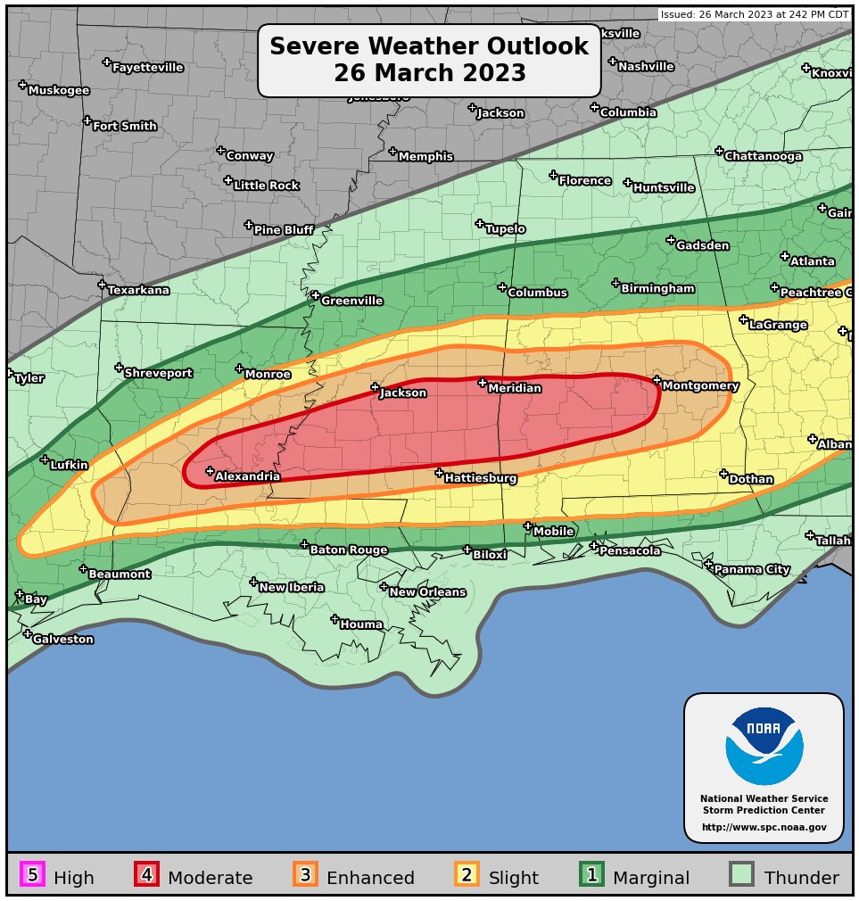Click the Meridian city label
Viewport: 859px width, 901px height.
(515, 389)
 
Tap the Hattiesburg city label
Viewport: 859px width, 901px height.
(481, 479)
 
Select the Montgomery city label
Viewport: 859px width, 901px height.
(700, 386)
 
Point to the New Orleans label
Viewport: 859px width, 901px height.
(427, 592)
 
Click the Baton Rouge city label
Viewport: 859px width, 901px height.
(348, 550)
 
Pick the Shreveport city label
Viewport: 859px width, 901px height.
(158, 373)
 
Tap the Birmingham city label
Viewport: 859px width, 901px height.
(657, 289)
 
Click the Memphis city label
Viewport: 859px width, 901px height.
(425, 157)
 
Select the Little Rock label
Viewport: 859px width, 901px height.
(266, 186)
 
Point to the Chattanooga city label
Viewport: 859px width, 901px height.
(763, 156)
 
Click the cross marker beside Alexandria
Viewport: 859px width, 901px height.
(210, 471)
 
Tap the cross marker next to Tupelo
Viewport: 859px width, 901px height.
(479, 224)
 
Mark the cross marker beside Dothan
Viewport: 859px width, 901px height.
(723, 475)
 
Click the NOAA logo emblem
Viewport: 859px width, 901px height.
(764, 746)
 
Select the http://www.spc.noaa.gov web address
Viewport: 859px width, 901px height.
(764, 828)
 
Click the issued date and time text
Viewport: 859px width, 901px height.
(755, 14)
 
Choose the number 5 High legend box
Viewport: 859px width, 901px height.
(32, 875)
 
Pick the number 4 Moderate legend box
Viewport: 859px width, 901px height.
(146, 875)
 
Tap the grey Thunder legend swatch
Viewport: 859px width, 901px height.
(741, 875)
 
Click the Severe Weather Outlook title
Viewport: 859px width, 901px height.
(429, 60)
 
